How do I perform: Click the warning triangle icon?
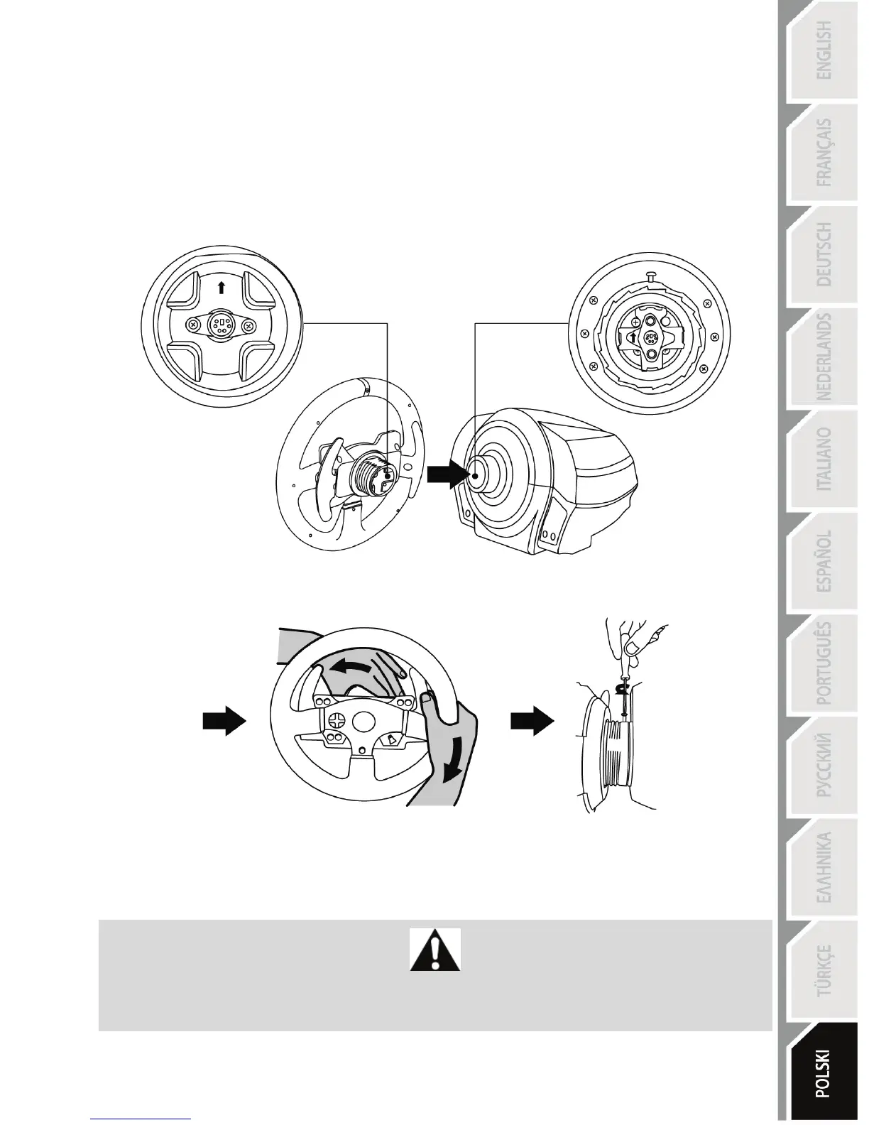coord(435,950)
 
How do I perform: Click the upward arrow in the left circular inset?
coord(222,287)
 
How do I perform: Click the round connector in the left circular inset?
coord(222,326)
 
